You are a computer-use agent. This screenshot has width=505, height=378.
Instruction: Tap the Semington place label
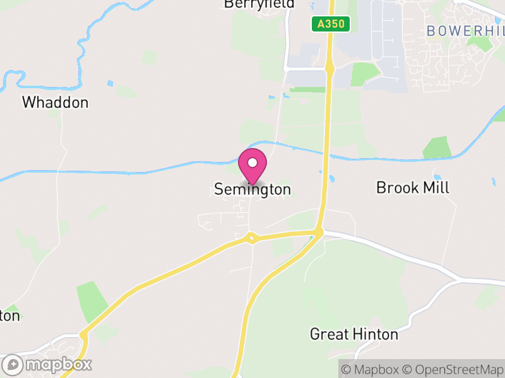(x=252, y=189)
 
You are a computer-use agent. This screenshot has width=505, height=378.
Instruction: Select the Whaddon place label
(x=56, y=102)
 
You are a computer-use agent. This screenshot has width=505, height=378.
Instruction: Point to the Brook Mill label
(x=412, y=187)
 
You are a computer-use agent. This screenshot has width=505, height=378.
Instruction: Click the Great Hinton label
(x=354, y=334)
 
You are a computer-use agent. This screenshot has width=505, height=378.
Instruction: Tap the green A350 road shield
(x=331, y=24)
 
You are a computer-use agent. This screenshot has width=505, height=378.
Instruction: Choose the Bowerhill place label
(x=466, y=30)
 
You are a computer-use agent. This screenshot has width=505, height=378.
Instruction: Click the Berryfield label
(x=259, y=4)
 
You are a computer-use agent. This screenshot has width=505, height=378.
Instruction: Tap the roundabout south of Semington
(x=252, y=238)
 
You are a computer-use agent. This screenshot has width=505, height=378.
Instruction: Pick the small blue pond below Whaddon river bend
(x=111, y=83)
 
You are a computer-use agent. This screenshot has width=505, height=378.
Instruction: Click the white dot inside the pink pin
(x=252, y=163)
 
